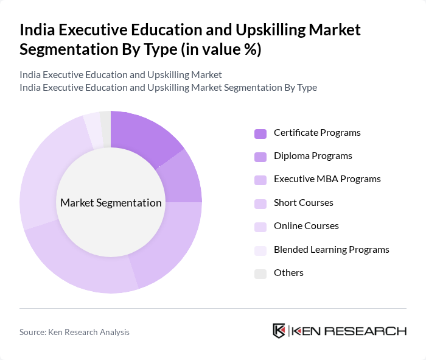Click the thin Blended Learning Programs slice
tap(93, 129)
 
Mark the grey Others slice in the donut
tap(105, 127)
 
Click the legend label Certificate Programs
tap(316, 133)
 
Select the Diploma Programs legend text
tap(312, 156)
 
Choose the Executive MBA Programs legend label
tap(327, 179)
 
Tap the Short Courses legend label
tap(303, 202)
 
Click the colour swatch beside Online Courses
tap(260, 227)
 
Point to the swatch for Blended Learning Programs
tap(260, 250)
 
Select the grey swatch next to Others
tap(260, 273)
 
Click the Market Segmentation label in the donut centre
tap(111, 203)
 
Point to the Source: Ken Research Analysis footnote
tap(74, 332)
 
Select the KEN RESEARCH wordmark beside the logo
tap(349, 331)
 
